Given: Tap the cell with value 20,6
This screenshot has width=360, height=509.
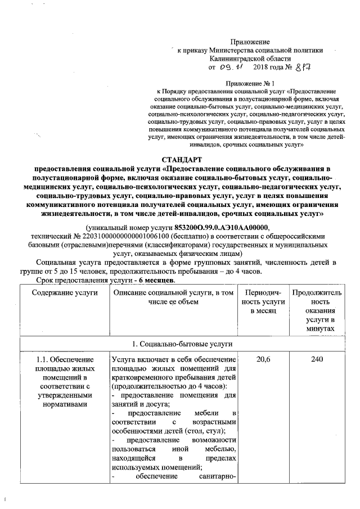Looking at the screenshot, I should tap(260, 359).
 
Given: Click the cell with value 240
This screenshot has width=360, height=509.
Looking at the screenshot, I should tap(317, 359).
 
